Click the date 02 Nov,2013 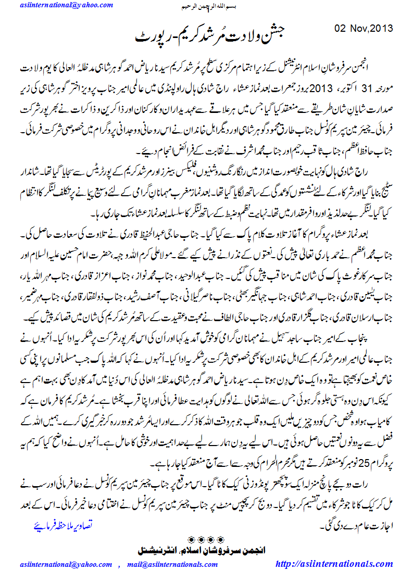click(x=363, y=28)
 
